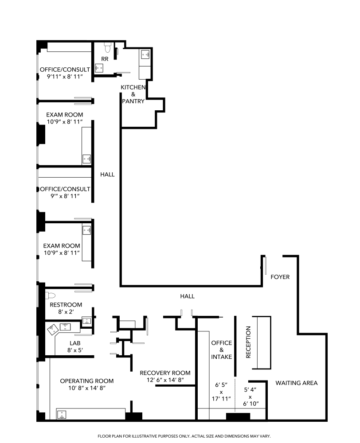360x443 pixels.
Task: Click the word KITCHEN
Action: click(x=133, y=87)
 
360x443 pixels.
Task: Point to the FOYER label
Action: click(x=280, y=277)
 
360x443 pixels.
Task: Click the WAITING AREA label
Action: click(x=296, y=383)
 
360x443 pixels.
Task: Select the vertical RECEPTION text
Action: click(x=248, y=342)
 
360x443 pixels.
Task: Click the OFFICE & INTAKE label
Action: click(x=221, y=350)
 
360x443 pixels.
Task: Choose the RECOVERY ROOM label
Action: click(x=165, y=373)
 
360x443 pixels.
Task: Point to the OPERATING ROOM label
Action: click(x=87, y=381)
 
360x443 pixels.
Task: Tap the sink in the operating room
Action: click(x=63, y=415)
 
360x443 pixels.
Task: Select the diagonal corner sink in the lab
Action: click(x=53, y=329)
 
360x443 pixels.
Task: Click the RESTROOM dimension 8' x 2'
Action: click(x=66, y=312)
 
